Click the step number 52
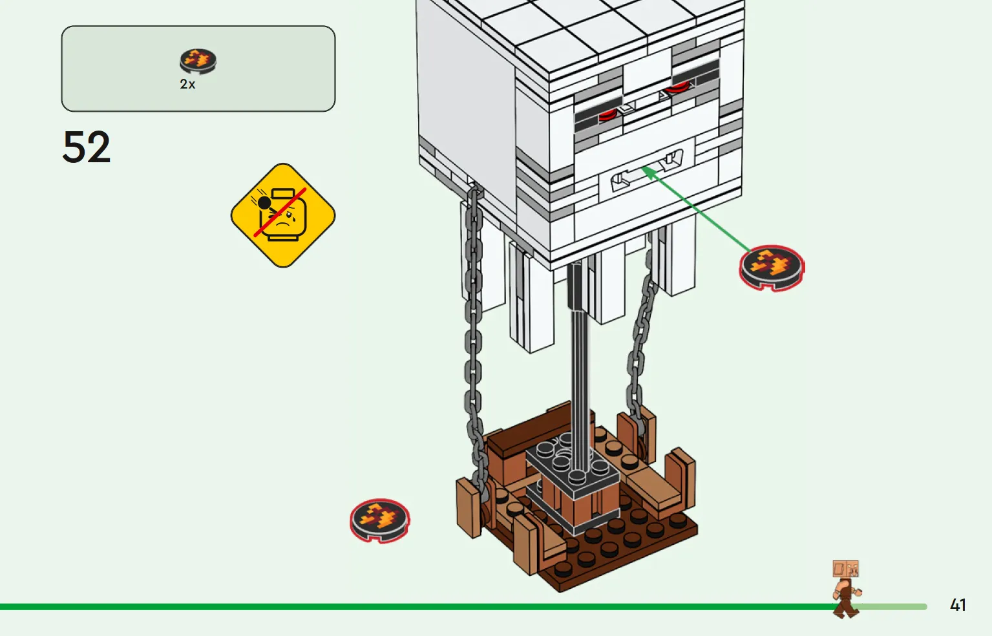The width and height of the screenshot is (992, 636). tap(87, 147)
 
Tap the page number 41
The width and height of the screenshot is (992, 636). tap(958, 605)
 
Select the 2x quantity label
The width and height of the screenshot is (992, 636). tap(187, 84)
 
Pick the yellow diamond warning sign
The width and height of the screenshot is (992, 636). tap(283, 215)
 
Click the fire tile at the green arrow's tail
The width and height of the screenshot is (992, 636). tap(772, 268)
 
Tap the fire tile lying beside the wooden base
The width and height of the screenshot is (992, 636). tap(380, 520)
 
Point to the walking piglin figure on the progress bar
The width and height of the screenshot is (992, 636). tap(847, 589)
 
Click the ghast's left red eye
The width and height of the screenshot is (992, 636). tap(607, 116)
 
